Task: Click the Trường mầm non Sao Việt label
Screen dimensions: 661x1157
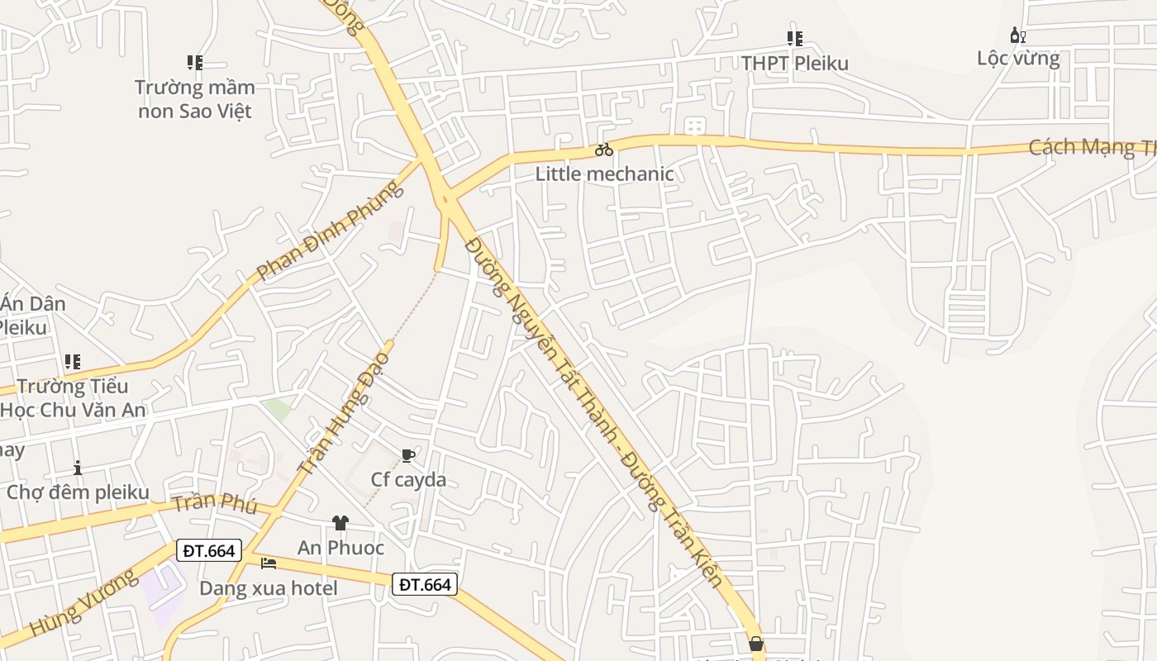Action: pyautogui.click(x=195, y=99)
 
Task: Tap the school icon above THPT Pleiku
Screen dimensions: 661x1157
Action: pyautogui.click(x=794, y=38)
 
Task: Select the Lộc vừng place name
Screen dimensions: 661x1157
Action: pyautogui.click(x=1018, y=59)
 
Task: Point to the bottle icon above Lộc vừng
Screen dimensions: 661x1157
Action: pyautogui.click(x=1018, y=36)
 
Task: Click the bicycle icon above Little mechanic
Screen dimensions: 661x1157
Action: pyautogui.click(x=604, y=150)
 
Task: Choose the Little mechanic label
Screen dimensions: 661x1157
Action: pyautogui.click(x=604, y=174)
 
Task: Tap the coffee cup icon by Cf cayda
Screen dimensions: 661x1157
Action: pyautogui.click(x=407, y=455)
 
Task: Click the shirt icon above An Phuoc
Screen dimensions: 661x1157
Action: pyautogui.click(x=340, y=523)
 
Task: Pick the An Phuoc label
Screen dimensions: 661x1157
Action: pyautogui.click(x=340, y=548)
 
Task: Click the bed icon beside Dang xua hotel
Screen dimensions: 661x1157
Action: pyautogui.click(x=269, y=564)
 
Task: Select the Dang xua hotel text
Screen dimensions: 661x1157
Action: pyautogui.click(x=269, y=588)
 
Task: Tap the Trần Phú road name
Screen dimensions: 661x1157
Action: pyautogui.click(x=214, y=502)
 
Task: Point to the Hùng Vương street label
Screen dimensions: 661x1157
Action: pyautogui.click(x=83, y=602)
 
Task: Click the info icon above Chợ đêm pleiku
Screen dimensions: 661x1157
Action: pyautogui.click(x=78, y=468)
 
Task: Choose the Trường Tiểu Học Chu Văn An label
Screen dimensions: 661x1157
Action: pyautogui.click(x=73, y=397)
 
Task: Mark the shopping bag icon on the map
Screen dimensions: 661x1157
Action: pyautogui.click(x=755, y=644)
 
